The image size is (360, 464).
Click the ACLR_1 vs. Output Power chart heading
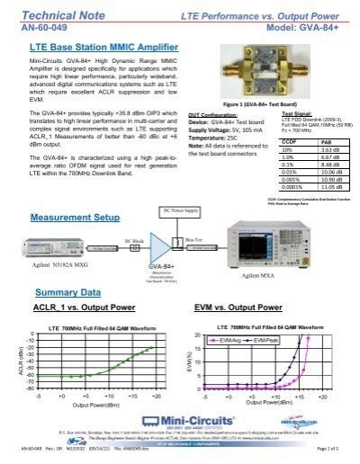click(x=85, y=308)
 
